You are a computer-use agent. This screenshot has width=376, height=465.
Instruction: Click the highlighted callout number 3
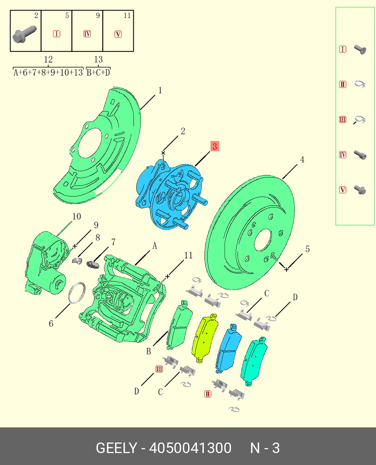(x=215, y=146)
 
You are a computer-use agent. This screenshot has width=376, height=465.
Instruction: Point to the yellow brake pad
(x=205, y=337)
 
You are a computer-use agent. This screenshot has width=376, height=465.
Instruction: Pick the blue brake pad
(x=228, y=348)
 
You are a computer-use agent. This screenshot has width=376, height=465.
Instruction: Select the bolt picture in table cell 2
(x=25, y=34)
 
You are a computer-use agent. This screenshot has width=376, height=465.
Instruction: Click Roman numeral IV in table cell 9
(x=87, y=34)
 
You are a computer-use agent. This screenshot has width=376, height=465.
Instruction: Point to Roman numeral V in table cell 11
(x=118, y=34)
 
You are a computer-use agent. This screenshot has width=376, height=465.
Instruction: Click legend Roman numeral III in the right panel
(x=343, y=120)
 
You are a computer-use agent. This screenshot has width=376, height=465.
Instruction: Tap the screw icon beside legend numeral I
(x=360, y=49)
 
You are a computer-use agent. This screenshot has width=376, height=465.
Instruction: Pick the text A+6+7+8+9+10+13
(x=48, y=72)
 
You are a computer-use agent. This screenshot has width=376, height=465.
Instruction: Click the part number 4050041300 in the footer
(x=190, y=448)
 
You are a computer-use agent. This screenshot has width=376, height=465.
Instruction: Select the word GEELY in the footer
(x=116, y=448)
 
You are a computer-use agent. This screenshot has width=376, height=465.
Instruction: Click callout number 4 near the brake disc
(x=302, y=160)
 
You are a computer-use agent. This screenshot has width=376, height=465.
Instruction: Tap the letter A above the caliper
(x=155, y=246)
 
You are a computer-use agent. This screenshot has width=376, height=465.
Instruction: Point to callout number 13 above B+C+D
(x=98, y=59)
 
